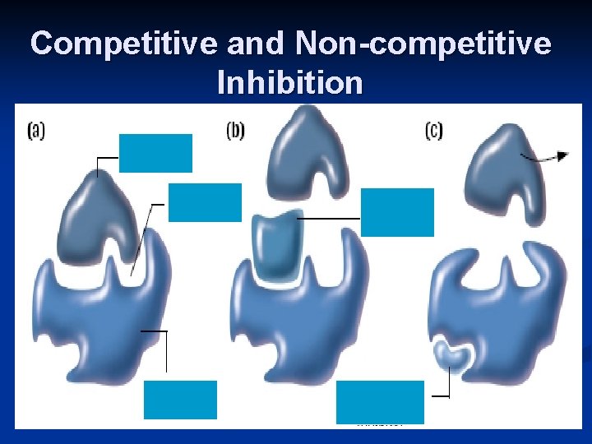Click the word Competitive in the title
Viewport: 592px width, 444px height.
click(123, 44)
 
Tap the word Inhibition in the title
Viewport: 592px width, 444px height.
click(289, 82)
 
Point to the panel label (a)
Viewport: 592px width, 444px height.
click(37, 130)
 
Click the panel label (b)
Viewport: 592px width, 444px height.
click(235, 130)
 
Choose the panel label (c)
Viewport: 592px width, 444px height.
click(434, 130)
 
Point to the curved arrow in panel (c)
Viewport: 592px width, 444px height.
click(544, 156)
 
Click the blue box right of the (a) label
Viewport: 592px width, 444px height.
click(155, 153)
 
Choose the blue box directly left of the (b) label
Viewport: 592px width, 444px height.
click(205, 202)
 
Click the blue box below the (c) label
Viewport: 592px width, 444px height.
click(397, 212)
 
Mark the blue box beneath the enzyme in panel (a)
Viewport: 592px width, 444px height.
click(180, 400)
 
